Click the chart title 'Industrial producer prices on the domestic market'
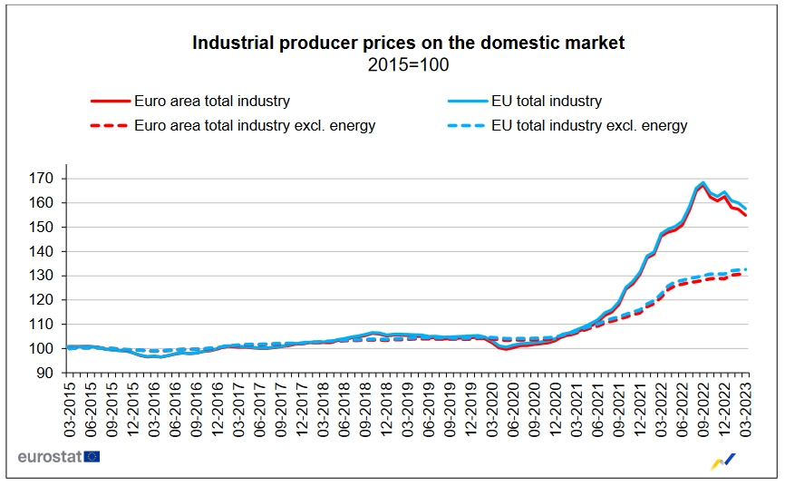coord(408,43)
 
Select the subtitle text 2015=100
coord(408,64)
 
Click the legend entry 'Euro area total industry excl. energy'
coord(254,126)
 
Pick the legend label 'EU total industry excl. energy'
coord(588,126)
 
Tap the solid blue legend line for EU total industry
coord(466,102)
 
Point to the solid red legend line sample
coord(109,102)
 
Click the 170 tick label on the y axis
coord(43,179)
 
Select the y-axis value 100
coord(43,348)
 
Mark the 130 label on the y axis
coord(43,276)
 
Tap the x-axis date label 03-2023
coord(746,409)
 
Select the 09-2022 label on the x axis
coord(703,409)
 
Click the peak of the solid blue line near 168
coord(703,182)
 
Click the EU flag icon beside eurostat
coord(92,456)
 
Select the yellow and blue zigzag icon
coord(723,462)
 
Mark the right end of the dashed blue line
coord(746,269)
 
